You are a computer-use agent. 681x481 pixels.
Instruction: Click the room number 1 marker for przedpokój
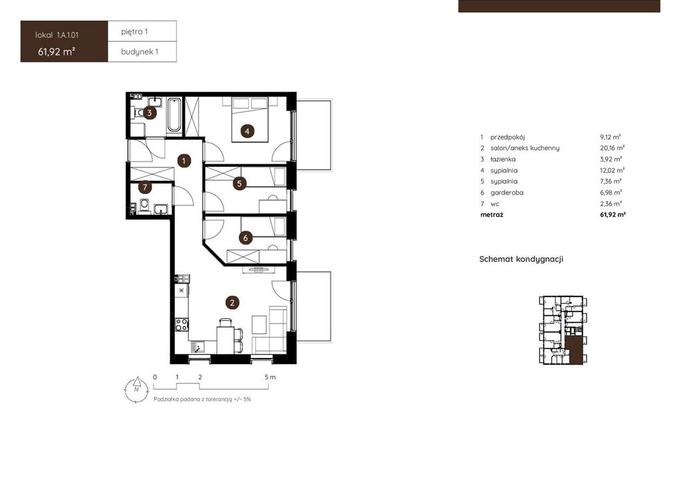click(x=184, y=161)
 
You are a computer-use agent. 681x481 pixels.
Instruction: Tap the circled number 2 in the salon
click(x=232, y=302)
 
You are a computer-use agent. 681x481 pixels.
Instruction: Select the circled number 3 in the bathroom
click(x=150, y=113)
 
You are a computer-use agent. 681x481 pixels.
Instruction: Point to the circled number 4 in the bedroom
click(x=247, y=131)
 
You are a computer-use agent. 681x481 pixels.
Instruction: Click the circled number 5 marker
click(x=239, y=183)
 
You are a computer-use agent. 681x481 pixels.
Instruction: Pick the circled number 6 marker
click(x=245, y=238)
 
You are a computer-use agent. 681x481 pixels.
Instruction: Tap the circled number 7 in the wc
click(x=144, y=187)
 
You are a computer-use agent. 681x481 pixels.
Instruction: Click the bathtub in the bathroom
click(x=175, y=115)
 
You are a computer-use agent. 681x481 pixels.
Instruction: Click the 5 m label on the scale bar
click(x=270, y=377)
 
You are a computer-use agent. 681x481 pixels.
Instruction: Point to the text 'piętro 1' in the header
click(x=134, y=32)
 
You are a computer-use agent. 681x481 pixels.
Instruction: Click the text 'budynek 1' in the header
click(x=140, y=52)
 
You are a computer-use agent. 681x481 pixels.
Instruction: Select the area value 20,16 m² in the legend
click(x=613, y=148)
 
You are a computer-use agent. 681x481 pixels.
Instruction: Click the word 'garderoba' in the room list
click(x=507, y=193)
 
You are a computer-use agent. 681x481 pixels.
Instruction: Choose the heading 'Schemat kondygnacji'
click(x=521, y=259)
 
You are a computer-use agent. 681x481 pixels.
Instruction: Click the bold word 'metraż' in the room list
click(x=492, y=215)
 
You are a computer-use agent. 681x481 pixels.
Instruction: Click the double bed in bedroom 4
click(x=250, y=120)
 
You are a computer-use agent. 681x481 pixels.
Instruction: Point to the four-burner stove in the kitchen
click(x=182, y=324)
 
